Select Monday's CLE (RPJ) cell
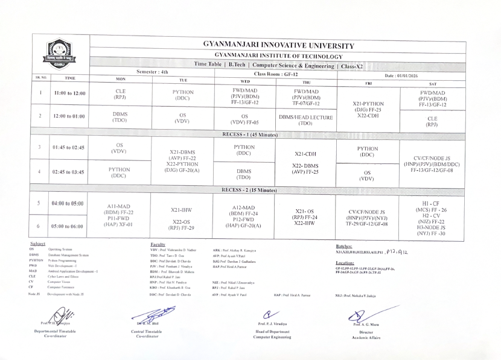point(120,95)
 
